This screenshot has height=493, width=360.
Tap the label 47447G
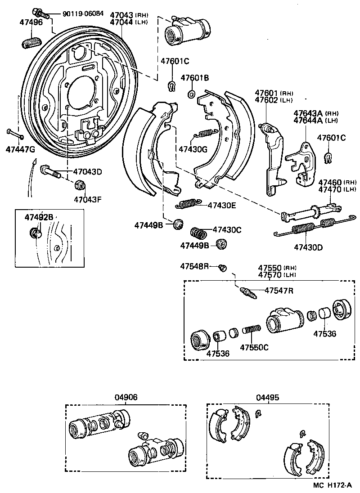coord(20,149)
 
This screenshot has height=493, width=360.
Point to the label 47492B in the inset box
coord(39,217)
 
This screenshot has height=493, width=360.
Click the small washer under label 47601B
coord(191,94)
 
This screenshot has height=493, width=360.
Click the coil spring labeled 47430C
coord(198,233)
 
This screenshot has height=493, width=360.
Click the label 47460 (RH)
coord(331,183)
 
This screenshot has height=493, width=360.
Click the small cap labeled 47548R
coord(221,268)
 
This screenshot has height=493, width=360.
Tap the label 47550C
coord(254,347)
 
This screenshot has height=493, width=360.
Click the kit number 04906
coord(126,397)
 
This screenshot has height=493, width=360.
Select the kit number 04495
coord(268,397)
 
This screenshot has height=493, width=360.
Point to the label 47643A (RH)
coord(310,113)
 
